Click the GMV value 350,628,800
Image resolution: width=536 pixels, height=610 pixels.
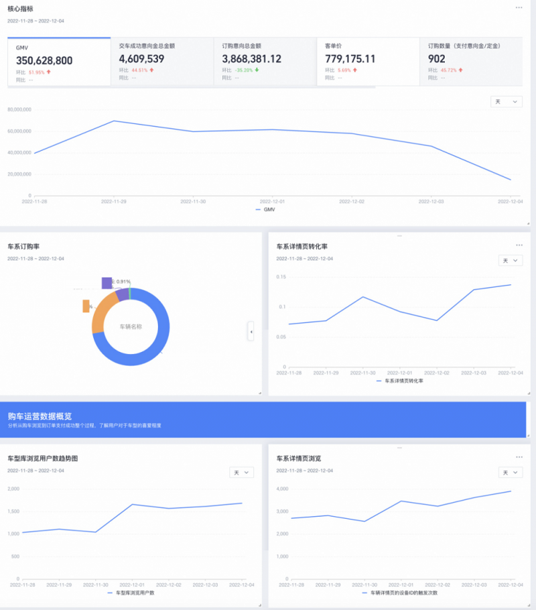point(44,61)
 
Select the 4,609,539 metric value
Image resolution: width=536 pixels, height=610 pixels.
point(142,59)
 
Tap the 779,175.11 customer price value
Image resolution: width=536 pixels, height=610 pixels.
point(350,59)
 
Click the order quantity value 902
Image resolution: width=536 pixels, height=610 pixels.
point(437,59)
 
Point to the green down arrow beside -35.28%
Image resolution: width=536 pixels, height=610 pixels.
point(257,70)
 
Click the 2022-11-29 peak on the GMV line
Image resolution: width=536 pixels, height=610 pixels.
point(113,121)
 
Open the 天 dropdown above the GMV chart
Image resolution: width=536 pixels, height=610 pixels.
point(506,101)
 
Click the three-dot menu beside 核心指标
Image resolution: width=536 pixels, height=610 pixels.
point(519,7)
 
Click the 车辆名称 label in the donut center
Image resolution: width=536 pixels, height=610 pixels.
point(131,327)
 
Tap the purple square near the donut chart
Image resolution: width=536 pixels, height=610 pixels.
point(107,283)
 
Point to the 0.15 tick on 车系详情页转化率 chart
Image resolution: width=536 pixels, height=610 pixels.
point(280,277)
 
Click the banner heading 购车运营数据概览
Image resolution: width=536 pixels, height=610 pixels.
point(40,416)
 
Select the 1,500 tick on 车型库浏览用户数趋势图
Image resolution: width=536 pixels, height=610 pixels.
point(13,511)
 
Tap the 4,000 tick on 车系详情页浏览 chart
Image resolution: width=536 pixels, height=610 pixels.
point(282,489)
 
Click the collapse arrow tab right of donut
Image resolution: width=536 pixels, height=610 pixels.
point(251,331)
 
